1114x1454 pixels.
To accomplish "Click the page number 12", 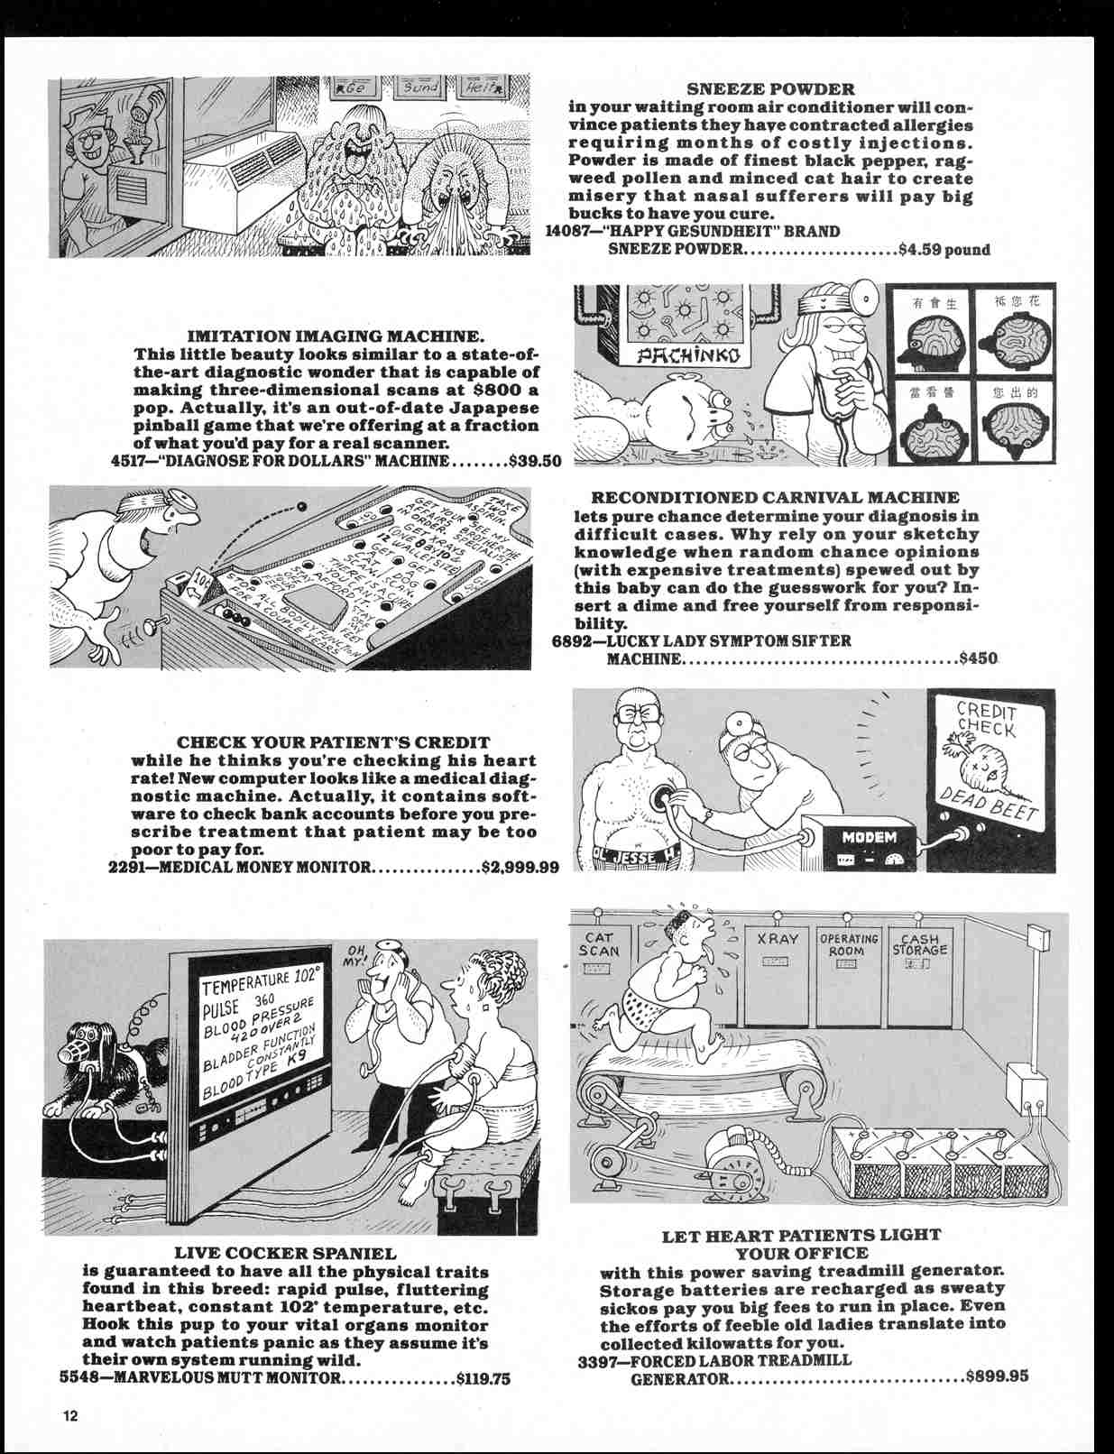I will click(70, 1414).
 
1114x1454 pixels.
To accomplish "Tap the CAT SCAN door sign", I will click(599, 944).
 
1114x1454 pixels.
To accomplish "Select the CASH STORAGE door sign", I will click(920, 944).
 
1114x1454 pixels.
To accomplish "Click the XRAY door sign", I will click(778, 939).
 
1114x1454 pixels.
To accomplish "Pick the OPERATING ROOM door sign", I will click(848, 944).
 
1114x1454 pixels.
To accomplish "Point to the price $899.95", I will click(996, 1377).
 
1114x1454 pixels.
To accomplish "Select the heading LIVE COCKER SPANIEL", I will click(285, 1253).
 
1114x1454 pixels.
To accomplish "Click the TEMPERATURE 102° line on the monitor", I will click(258, 983).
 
